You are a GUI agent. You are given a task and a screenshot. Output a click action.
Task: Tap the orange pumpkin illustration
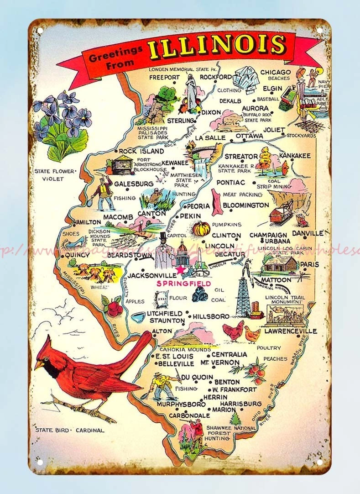pos(201,228)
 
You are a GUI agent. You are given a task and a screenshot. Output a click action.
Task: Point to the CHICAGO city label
pos(275,72)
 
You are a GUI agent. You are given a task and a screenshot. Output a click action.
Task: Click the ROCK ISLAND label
pos(141,151)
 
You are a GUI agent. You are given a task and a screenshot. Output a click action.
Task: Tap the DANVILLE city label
pos(307,233)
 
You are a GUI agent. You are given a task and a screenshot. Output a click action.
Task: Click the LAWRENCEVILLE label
pos(290,331)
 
